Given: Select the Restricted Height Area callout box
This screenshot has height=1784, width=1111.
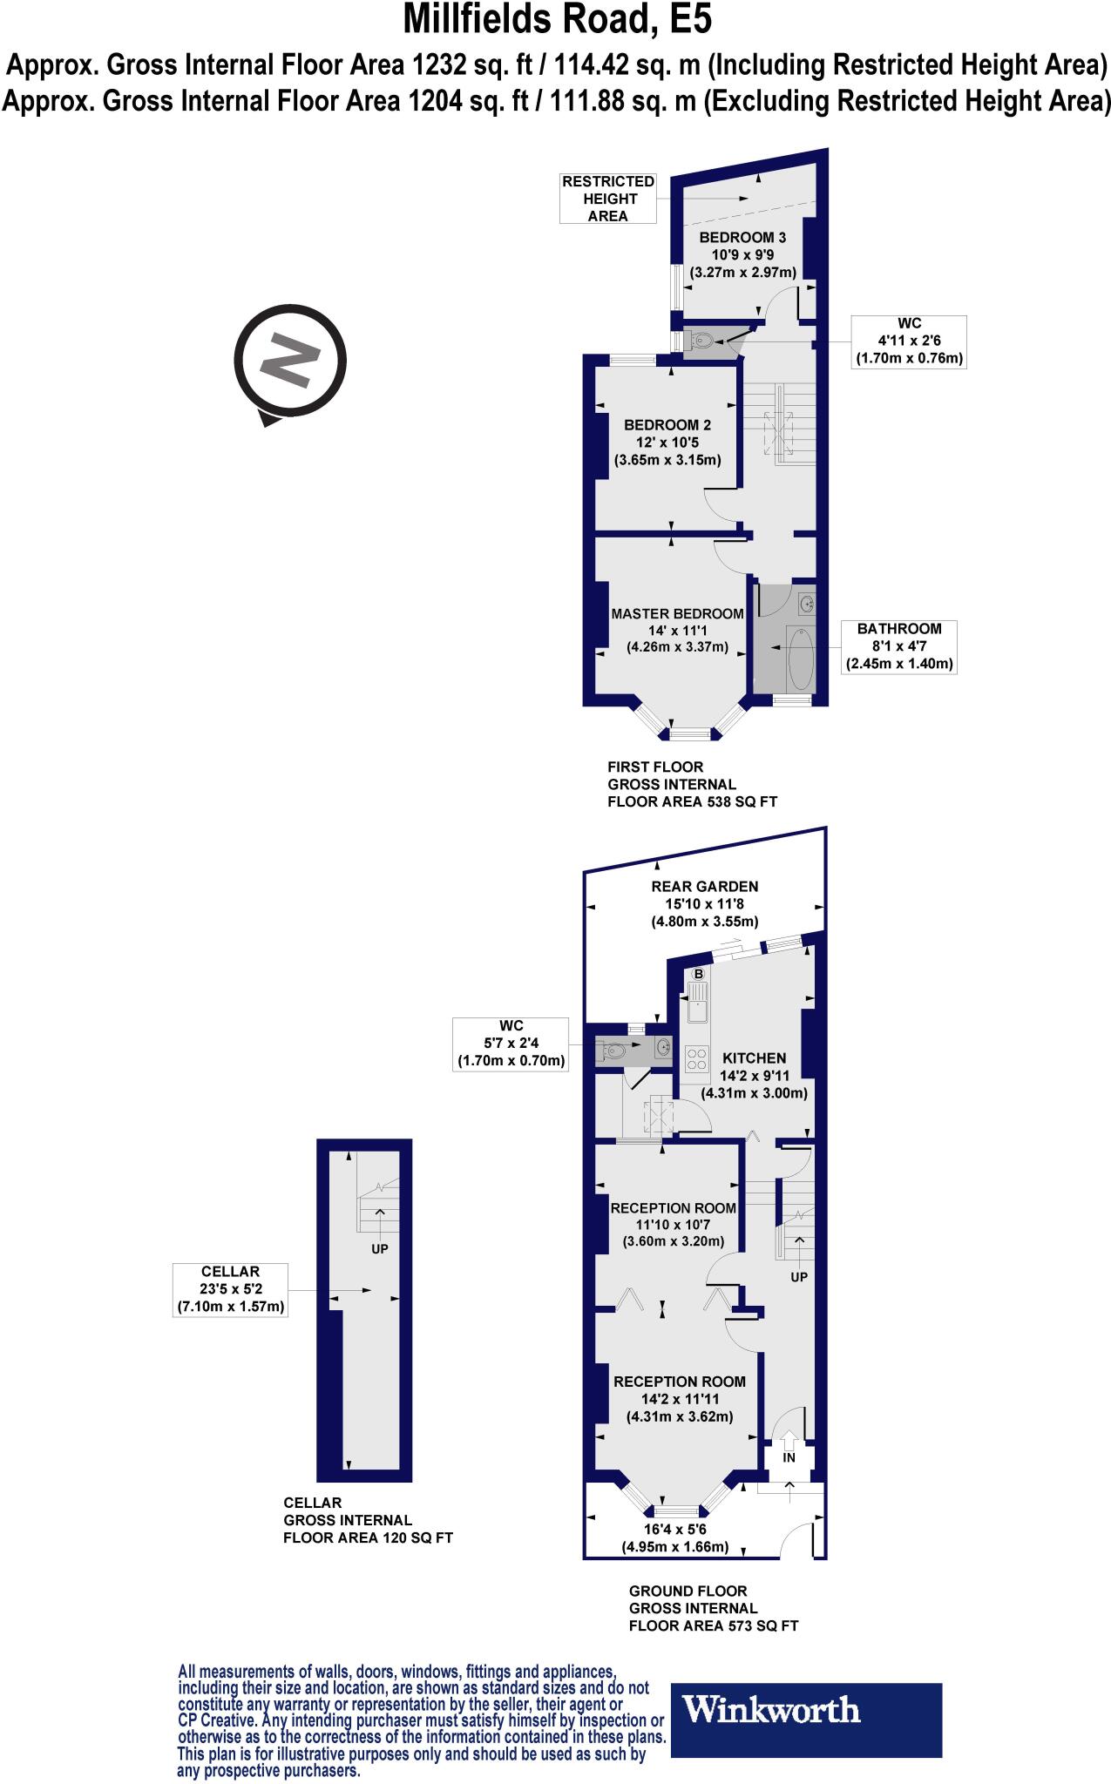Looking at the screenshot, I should tap(607, 199).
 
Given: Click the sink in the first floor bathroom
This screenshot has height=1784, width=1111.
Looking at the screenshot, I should tap(807, 603).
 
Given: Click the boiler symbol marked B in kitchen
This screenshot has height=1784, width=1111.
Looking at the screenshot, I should tap(698, 974).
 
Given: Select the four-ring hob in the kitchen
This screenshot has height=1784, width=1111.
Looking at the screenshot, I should tap(696, 1057).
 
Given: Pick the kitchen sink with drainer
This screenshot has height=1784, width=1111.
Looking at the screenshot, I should tap(697, 1003).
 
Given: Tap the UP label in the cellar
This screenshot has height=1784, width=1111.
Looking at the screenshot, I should tap(379, 1248).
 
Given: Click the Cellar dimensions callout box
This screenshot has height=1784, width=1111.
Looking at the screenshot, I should tap(229, 1289).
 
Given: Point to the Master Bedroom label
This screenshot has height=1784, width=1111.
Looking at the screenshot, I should tap(677, 613).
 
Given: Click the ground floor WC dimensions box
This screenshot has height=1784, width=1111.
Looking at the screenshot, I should tap(511, 1044).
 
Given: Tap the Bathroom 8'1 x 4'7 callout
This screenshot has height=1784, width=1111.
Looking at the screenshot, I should tap(898, 646).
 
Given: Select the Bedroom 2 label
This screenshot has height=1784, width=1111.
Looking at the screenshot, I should tap(667, 425).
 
